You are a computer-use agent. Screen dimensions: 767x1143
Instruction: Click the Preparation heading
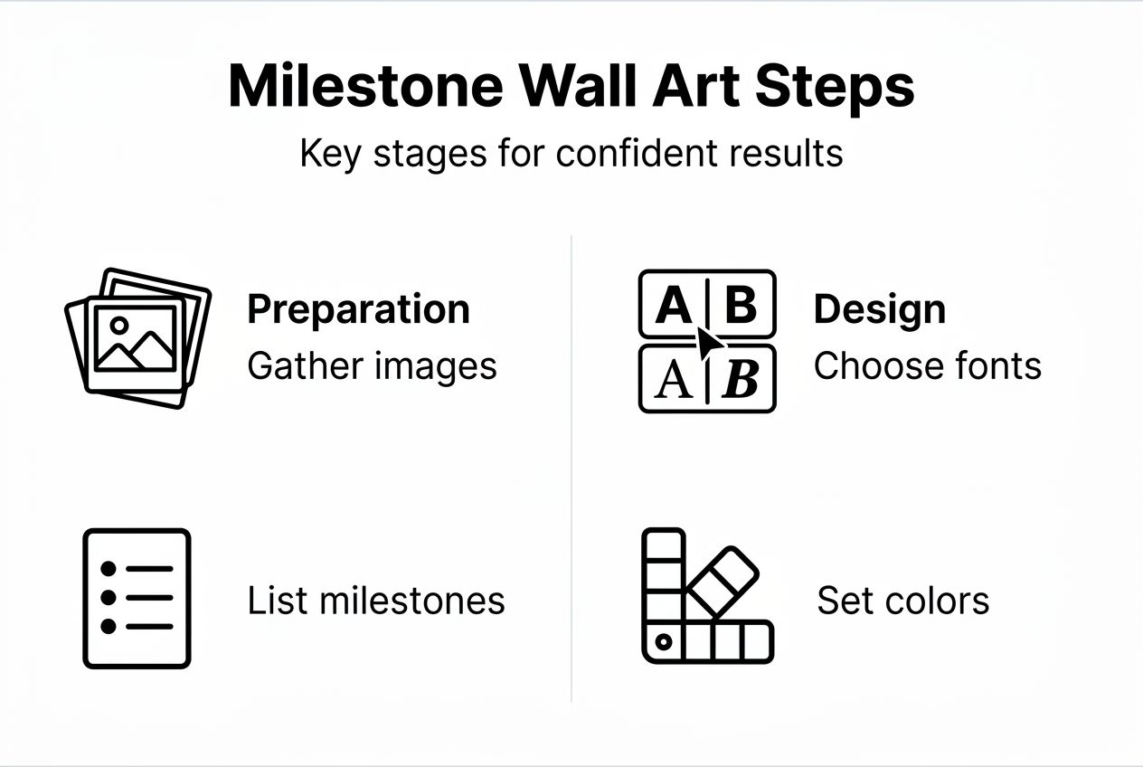(x=358, y=309)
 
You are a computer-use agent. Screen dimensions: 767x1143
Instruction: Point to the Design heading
(x=879, y=309)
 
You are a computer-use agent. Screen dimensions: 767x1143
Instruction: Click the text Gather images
(x=372, y=366)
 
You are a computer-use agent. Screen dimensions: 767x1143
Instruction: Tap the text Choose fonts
(x=927, y=366)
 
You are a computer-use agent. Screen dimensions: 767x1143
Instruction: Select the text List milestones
(x=376, y=601)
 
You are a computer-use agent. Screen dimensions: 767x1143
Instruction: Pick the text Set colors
(x=902, y=601)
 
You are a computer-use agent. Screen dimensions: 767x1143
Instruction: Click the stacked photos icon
(x=137, y=336)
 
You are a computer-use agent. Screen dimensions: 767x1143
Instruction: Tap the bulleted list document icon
(x=137, y=599)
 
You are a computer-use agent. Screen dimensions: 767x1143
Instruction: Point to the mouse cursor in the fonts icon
(x=711, y=344)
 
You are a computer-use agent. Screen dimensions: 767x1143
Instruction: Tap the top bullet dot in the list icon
(x=109, y=569)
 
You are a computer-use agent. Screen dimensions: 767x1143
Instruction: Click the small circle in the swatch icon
(x=663, y=642)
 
